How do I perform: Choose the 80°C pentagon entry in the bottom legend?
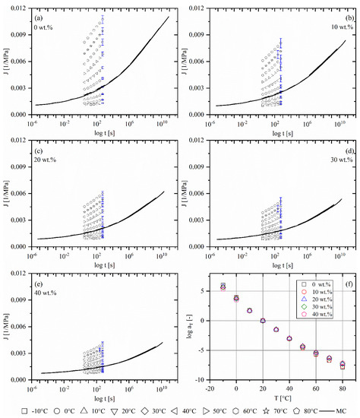(305, 410)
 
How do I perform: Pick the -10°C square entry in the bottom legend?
(26, 410)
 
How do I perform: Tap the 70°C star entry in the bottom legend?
(273, 410)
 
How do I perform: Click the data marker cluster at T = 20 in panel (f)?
(263, 321)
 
